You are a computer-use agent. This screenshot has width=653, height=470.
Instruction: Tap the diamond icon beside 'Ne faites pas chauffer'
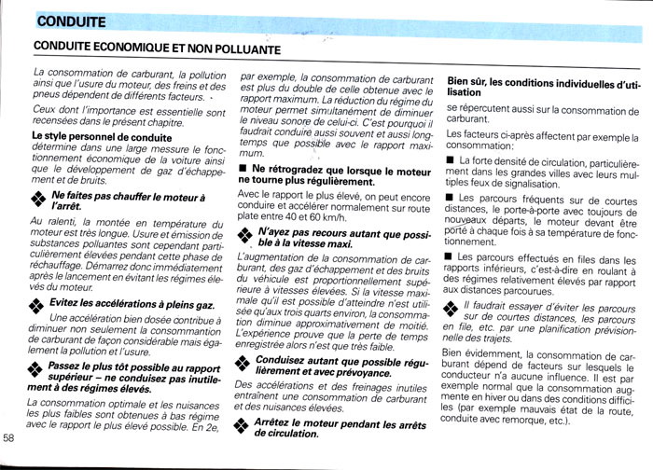(x=38, y=199)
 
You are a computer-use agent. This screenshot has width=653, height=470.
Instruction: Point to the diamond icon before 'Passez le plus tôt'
(x=38, y=370)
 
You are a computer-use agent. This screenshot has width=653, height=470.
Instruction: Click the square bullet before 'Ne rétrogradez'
(x=243, y=169)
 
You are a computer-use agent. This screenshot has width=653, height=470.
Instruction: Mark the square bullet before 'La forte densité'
(x=452, y=161)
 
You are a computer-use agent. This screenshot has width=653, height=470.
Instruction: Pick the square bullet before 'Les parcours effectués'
(x=452, y=256)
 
